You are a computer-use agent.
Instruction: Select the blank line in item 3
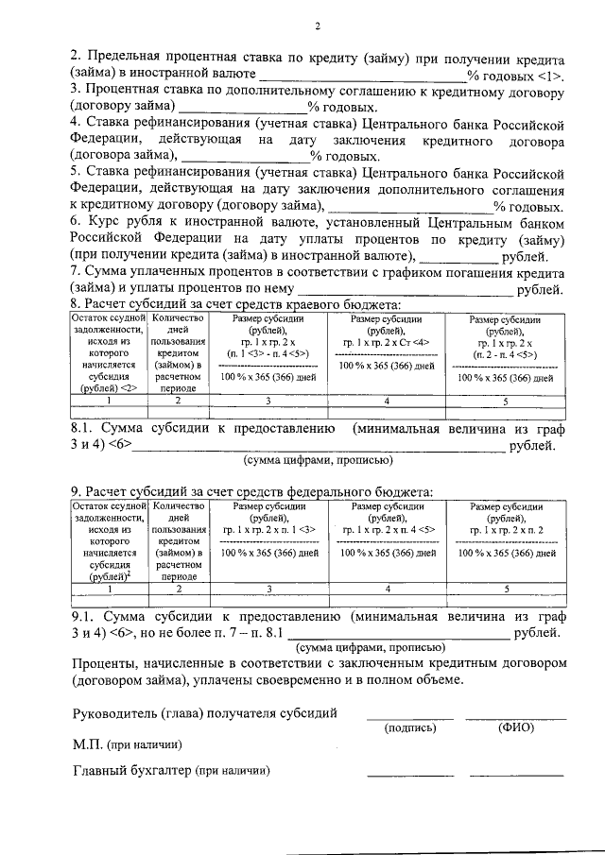pos(236,109)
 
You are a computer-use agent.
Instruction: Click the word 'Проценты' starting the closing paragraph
pos(104,664)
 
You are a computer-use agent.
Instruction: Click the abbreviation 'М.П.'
pos(88,744)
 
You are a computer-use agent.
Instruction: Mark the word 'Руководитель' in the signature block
pos(115,712)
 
